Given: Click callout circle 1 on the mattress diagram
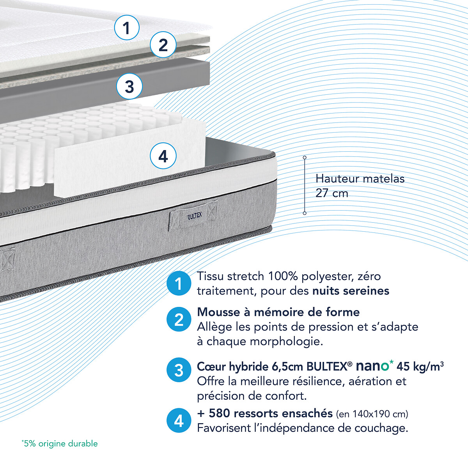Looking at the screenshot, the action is (x=127, y=27).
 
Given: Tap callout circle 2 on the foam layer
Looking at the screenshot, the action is (x=163, y=45).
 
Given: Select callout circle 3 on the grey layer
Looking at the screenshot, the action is (x=129, y=86).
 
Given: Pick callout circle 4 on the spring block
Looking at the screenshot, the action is (x=163, y=156).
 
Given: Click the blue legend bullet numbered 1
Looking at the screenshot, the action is (x=179, y=283).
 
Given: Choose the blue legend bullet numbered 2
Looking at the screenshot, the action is (x=179, y=319).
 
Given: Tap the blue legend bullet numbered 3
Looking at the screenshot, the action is (x=179, y=370).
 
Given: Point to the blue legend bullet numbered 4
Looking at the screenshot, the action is (x=179, y=420).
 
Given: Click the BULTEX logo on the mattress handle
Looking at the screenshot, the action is (x=195, y=216).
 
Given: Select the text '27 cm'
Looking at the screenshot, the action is (x=332, y=193).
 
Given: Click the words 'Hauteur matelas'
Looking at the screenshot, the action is (x=360, y=179).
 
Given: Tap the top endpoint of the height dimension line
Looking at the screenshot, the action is (x=305, y=158).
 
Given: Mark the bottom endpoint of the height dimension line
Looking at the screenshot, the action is (x=305, y=213).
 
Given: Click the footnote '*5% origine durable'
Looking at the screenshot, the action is (x=60, y=443).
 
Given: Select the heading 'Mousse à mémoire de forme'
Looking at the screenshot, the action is (x=278, y=312).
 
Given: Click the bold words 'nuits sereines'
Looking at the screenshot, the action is (x=351, y=291).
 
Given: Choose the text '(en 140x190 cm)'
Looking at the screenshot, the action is (x=372, y=414).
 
